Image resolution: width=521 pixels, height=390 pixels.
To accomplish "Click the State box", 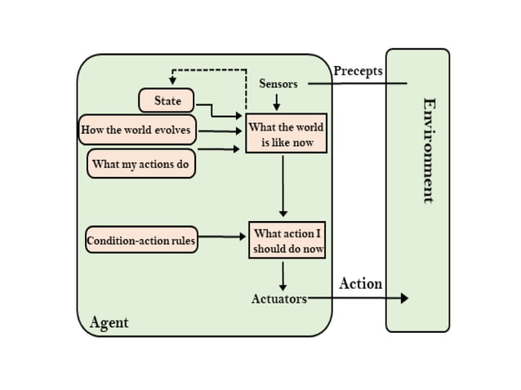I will [167, 100].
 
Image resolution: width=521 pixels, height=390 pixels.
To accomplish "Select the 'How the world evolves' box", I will [136, 130].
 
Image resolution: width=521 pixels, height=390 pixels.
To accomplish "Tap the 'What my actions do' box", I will [141, 163].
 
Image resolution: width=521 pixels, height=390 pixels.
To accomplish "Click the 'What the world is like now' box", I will [286, 133].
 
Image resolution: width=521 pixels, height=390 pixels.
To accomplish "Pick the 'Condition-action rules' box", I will [141, 240].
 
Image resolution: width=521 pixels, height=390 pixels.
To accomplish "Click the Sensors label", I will [278, 83].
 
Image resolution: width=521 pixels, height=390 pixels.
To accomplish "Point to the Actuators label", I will [278, 299].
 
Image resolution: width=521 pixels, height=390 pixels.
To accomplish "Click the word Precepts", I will [358, 71].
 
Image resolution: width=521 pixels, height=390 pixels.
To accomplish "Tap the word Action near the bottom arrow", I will [360, 283].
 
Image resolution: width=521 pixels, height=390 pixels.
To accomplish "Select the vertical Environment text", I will [428, 150].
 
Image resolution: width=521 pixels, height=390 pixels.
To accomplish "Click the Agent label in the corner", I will [109, 323].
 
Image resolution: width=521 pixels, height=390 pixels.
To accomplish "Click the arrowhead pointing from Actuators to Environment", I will [403, 299].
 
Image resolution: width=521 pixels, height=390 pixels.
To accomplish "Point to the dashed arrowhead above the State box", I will [172, 81].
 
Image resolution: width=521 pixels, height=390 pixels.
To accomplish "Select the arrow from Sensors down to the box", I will [277, 102].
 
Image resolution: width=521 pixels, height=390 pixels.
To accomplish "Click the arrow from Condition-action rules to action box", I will [222, 237].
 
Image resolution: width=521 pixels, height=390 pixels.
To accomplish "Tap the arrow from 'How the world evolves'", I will [220, 131].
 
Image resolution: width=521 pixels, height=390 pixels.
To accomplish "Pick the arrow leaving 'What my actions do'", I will [219, 149].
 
